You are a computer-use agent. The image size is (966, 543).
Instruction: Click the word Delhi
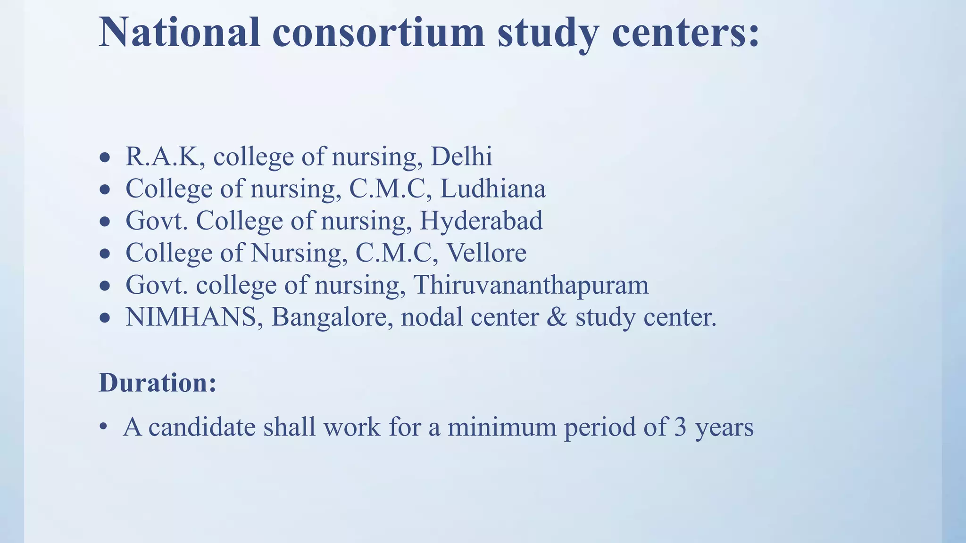(x=461, y=156)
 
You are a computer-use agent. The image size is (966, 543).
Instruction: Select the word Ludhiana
(x=492, y=189)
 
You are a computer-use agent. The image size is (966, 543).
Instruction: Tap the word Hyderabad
(x=481, y=221)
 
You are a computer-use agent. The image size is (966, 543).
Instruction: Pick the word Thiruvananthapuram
(x=531, y=285)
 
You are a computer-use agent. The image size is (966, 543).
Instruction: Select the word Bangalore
(x=332, y=317)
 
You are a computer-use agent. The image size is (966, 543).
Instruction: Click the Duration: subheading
(x=158, y=382)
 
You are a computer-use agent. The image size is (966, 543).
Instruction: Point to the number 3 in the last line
(x=680, y=427)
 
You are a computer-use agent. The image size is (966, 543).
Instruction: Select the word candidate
(x=202, y=427)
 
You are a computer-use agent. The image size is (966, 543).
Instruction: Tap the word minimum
(x=502, y=427)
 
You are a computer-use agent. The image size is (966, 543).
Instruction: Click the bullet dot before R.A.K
(x=105, y=158)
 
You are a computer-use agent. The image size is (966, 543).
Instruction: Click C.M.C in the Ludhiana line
(x=390, y=189)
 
